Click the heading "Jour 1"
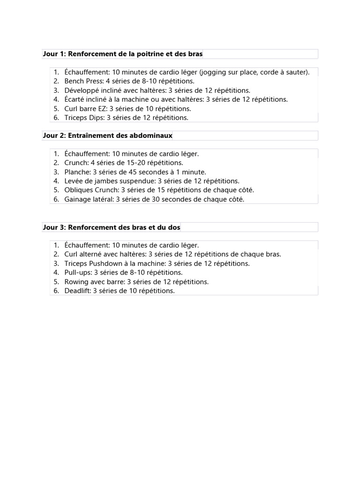(53, 54)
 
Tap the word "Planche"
(77, 172)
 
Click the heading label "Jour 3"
(53, 227)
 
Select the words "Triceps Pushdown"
(92, 263)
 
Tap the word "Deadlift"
(77, 291)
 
